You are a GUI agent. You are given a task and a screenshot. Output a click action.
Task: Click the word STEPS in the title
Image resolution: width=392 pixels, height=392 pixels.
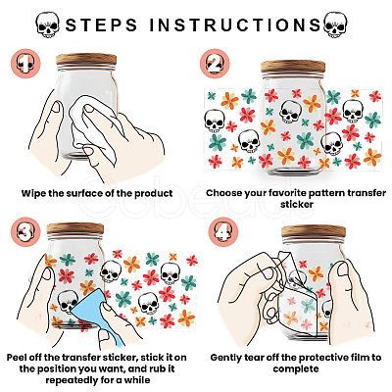coord(101,25)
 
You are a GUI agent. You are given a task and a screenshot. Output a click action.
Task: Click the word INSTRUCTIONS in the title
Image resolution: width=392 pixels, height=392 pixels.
coord(235,25)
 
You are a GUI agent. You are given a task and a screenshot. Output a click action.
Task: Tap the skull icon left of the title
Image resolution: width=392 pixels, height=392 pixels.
coord(48,24)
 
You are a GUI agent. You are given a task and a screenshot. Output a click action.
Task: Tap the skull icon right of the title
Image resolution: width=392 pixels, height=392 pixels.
coord(335,24)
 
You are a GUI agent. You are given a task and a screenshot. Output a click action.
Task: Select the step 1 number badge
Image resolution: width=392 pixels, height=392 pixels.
coord(25,64)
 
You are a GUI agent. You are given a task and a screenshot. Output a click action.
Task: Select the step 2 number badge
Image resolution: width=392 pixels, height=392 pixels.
coord(215,64)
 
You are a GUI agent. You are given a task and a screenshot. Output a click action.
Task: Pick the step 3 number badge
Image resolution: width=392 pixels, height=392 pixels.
coord(25,232)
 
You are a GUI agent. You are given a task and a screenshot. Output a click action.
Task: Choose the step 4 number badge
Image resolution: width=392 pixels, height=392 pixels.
coord(223,232)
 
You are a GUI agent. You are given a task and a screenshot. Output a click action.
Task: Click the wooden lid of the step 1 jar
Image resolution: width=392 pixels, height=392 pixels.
coord(86,59)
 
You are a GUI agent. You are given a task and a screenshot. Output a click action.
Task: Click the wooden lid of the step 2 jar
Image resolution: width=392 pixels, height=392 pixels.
coord(293,67)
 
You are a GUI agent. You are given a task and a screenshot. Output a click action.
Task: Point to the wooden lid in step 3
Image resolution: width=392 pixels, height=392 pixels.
coord(75,228)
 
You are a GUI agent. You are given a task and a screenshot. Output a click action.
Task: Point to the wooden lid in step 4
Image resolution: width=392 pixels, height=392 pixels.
coord(314,231)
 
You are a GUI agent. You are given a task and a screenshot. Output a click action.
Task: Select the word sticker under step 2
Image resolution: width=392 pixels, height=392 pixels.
coord(297,205)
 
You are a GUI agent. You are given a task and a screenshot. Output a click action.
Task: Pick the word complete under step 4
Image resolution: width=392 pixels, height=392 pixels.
coord(296,369)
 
